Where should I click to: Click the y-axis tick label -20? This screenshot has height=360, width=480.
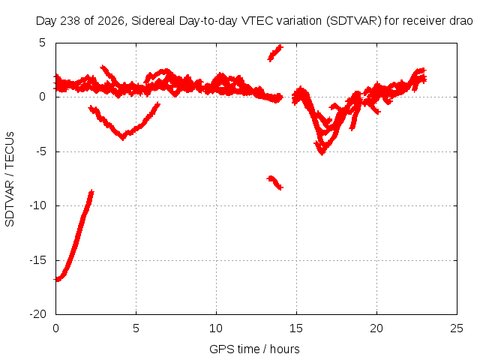(37, 314)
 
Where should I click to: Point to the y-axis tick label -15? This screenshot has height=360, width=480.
(37, 260)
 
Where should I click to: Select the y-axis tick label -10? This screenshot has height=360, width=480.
(37, 205)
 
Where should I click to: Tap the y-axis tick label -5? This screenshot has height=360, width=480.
(40, 151)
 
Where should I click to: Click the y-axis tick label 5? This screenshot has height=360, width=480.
(42, 43)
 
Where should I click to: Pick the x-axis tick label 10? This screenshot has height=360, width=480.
(216, 328)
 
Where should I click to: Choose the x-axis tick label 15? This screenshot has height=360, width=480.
(296, 328)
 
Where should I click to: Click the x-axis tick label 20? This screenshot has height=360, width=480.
(376, 328)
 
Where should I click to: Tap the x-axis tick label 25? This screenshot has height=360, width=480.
(457, 328)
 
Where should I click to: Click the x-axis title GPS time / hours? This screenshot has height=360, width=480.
(254, 349)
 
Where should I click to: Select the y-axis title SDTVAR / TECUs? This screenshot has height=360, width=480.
(10, 179)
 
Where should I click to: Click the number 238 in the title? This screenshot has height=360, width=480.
(70, 21)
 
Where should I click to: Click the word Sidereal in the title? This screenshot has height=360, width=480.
(153, 21)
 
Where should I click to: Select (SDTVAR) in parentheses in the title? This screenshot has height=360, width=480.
(353, 21)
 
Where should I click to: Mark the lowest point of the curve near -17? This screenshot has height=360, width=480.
(57, 280)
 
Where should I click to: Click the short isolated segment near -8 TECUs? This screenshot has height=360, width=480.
(275, 182)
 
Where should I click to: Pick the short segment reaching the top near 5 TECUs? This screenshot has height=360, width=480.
(275, 53)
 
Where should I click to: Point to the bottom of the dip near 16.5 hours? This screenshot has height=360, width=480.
(322, 153)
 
